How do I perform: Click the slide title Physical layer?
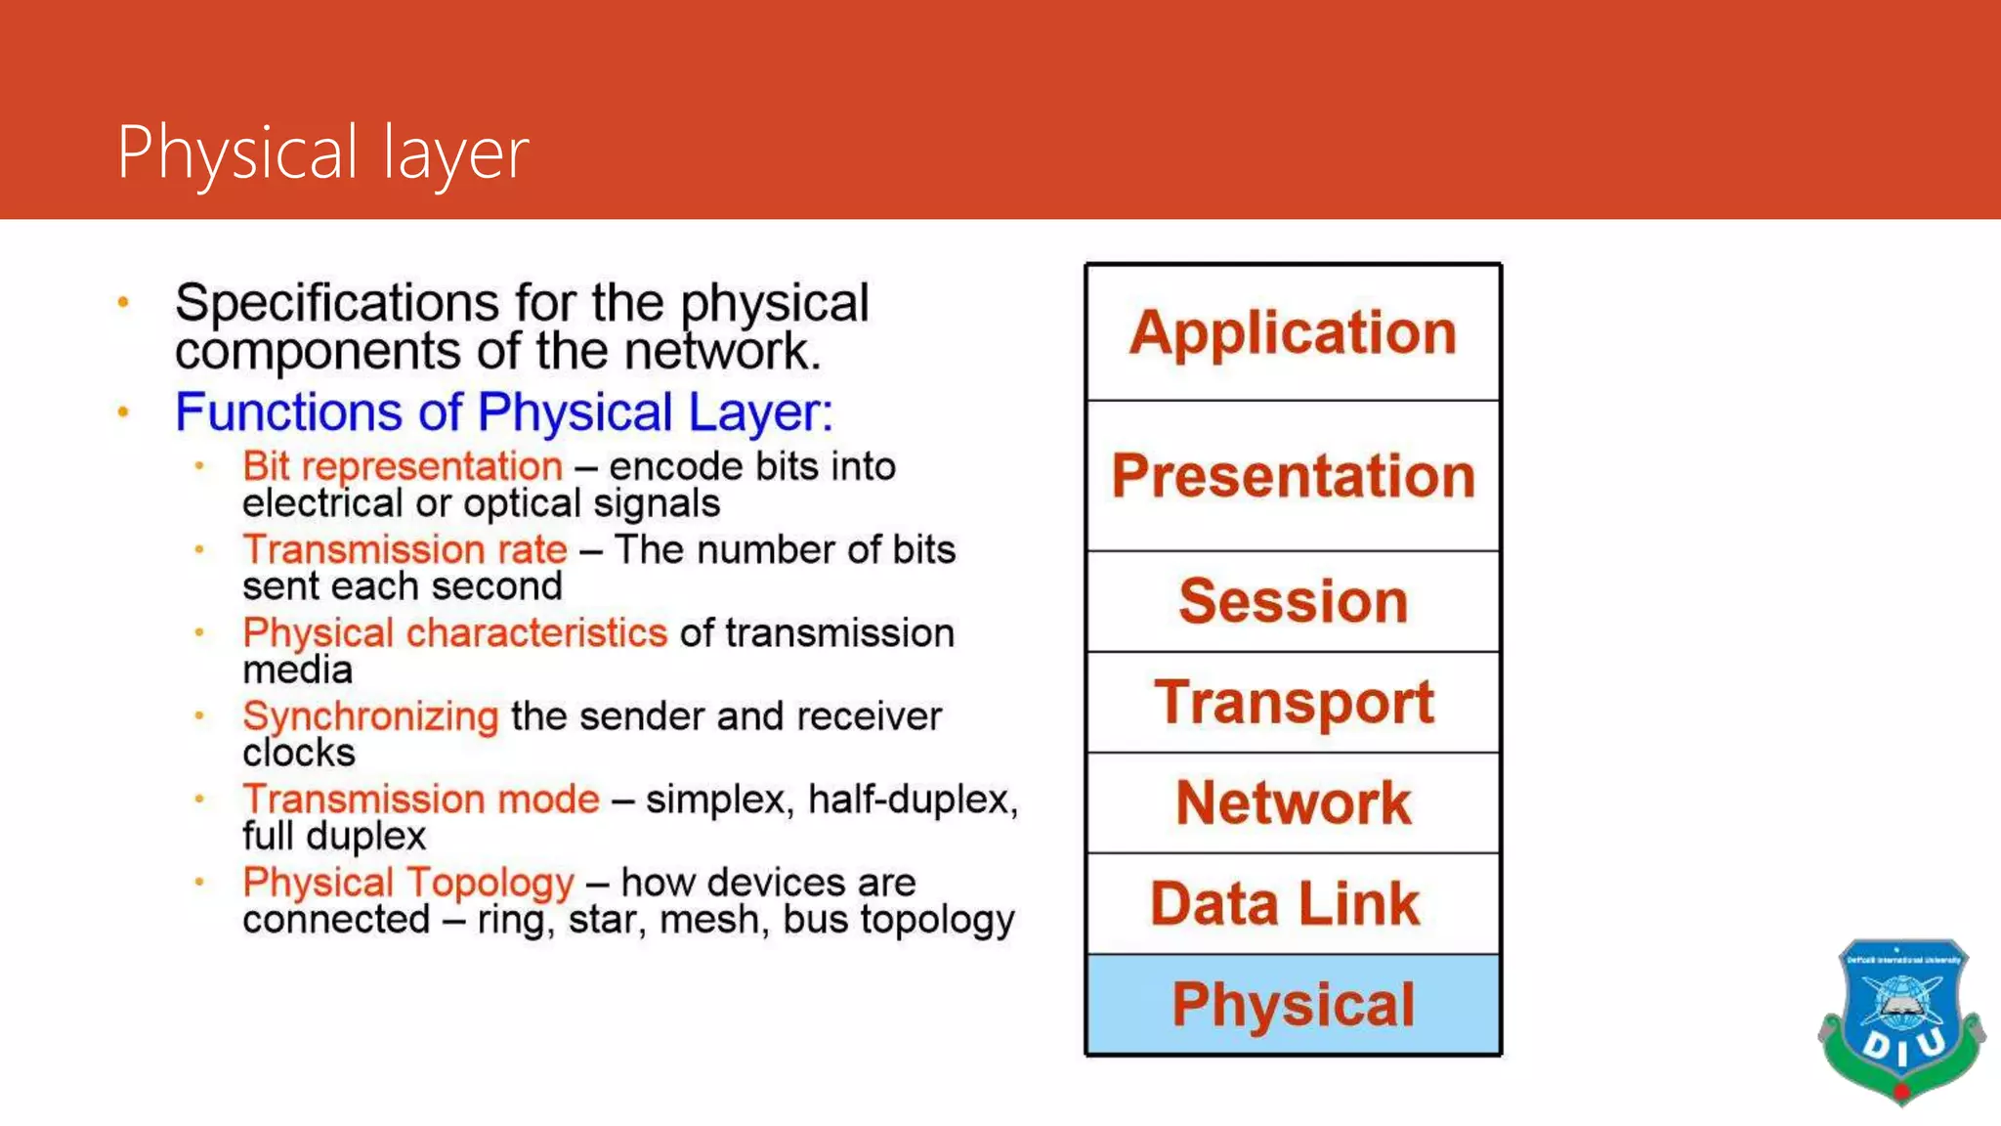(x=322, y=152)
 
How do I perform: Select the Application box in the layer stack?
(x=1293, y=332)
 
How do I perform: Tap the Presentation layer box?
(x=1293, y=476)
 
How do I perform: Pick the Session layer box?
(x=1293, y=601)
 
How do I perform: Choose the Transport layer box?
(x=1293, y=702)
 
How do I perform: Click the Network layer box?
(x=1293, y=802)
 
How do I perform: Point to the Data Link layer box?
(x=1293, y=903)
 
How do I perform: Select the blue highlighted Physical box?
(x=1293, y=1005)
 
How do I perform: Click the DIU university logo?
(x=1900, y=1021)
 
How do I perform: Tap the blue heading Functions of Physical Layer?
(x=503, y=411)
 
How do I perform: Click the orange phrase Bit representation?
(x=403, y=466)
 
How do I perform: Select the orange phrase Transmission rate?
(x=404, y=549)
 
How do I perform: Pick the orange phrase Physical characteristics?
(x=454, y=632)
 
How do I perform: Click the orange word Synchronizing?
(x=370, y=716)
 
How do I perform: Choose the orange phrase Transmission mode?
(x=421, y=800)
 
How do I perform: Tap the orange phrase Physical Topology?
(x=408, y=883)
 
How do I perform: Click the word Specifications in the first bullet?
(x=337, y=303)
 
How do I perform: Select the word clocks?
(x=299, y=754)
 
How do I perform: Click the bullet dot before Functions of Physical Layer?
(x=123, y=412)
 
